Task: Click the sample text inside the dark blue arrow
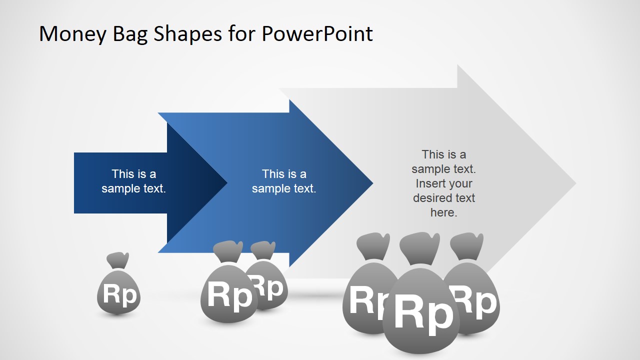133,181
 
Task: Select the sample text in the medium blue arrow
284,181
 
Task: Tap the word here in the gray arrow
443,212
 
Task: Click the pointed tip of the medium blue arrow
371,183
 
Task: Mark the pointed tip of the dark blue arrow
226,183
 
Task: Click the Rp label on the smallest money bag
119,294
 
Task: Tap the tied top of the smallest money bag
118,260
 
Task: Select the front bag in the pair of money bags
228,295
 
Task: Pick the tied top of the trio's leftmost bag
372,246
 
